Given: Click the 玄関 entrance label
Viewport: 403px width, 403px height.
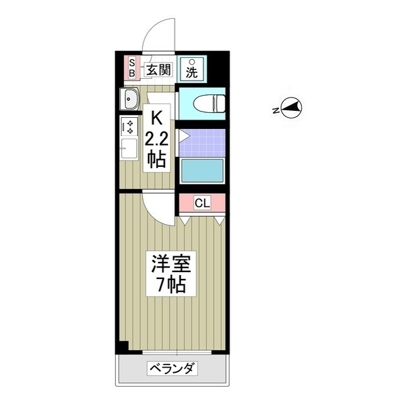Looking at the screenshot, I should (x=159, y=70).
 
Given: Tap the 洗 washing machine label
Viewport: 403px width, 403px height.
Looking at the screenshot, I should (x=191, y=70).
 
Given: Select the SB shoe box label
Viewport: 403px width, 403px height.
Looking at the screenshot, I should (x=132, y=68).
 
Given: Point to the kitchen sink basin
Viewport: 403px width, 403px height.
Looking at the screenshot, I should (x=130, y=99).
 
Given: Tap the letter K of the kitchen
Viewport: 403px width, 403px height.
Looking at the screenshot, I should (x=156, y=118).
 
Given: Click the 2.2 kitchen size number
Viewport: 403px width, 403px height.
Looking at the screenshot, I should (x=156, y=139).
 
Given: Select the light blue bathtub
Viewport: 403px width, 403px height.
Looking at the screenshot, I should (x=202, y=171).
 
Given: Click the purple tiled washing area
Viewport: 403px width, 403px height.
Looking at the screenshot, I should (x=202, y=142).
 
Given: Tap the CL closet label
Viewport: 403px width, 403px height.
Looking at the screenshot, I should (x=201, y=203).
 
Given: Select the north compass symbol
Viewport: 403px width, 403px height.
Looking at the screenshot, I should (x=291, y=109).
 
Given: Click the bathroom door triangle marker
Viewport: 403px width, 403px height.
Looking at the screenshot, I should (x=183, y=135).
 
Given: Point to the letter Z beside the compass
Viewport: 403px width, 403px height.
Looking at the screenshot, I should (x=276, y=110).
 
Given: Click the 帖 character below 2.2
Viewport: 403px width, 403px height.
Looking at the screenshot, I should (x=157, y=159).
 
